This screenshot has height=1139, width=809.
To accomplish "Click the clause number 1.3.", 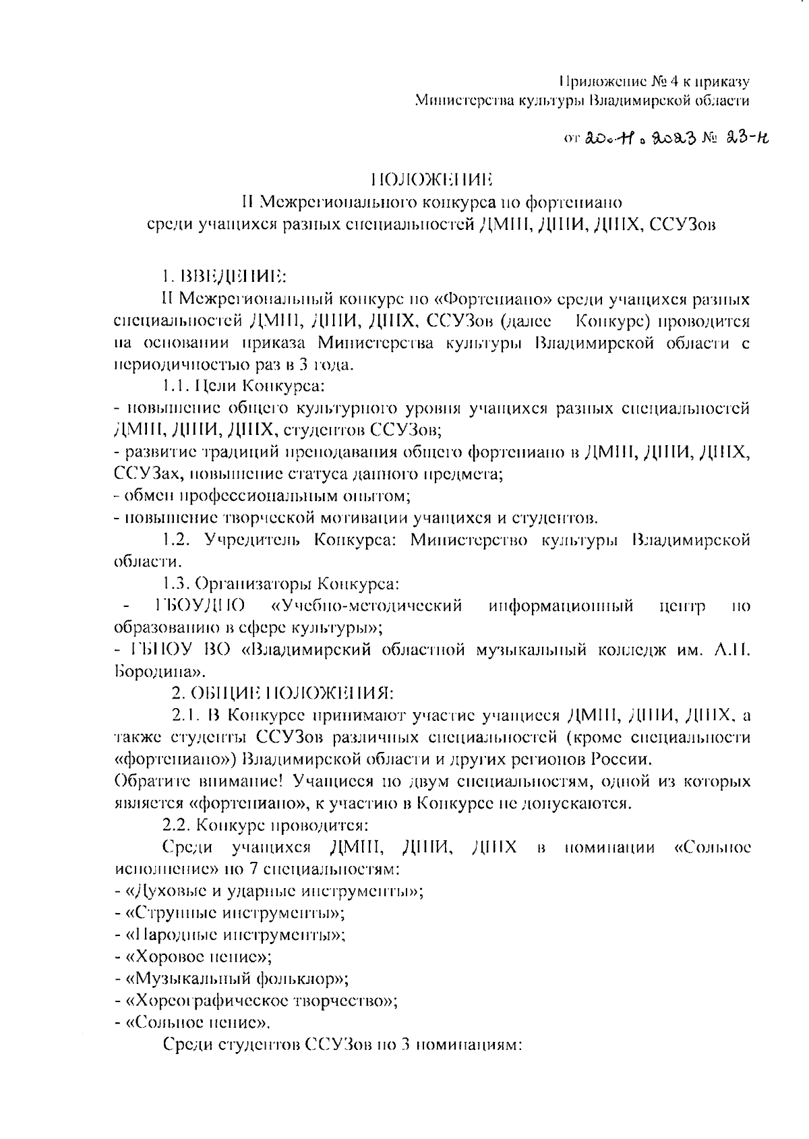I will click(177, 583).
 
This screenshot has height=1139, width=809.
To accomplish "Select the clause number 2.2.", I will click(177, 825).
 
